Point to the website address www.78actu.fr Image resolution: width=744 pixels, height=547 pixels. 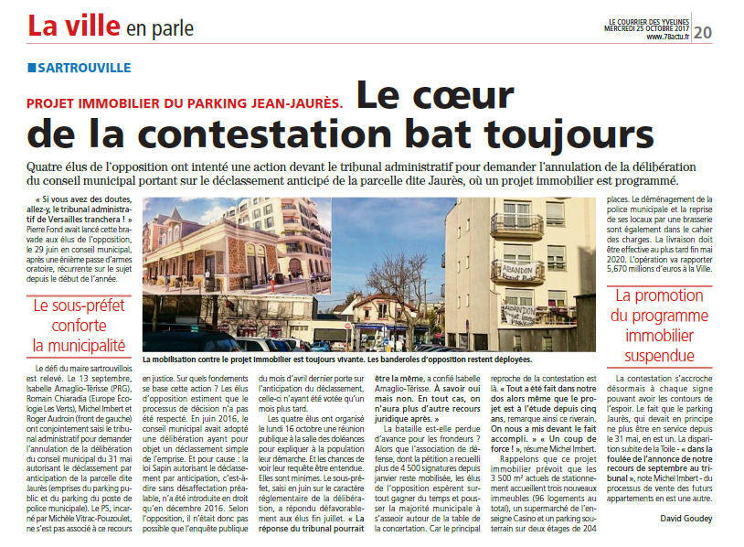click(666, 37)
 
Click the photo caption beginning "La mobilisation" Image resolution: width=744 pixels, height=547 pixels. click(338, 359)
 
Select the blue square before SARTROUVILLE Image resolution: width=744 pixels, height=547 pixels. click(31, 68)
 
